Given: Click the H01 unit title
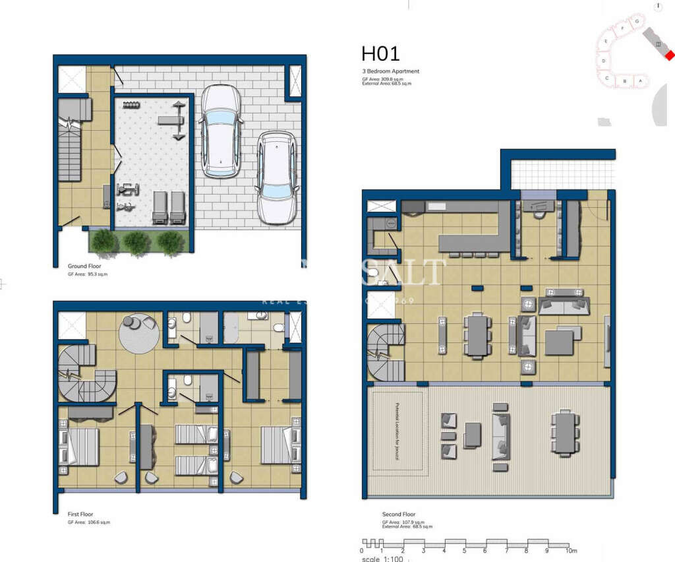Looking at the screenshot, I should (380, 53).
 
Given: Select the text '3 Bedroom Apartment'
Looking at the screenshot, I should (390, 71).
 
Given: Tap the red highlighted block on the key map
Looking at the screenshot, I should (669, 56).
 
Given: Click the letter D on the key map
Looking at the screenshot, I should (604, 61).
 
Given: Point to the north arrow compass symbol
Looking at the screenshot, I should (657, 6).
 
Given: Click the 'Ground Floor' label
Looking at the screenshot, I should (83, 266).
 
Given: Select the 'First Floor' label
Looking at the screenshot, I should (80, 513).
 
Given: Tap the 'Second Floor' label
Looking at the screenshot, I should (399, 515).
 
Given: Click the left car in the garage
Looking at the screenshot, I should (220, 131).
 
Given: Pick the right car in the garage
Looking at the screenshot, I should (277, 176).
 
